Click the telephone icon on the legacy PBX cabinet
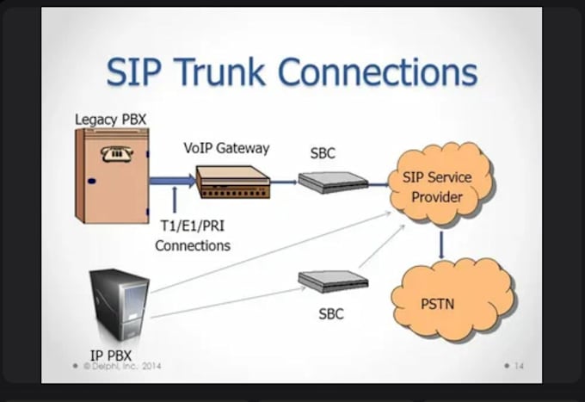pyautogui.click(x=112, y=154)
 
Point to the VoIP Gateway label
pyautogui.click(x=225, y=148)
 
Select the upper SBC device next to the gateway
pyautogui.click(x=332, y=182)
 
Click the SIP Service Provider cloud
pyautogui.click(x=437, y=187)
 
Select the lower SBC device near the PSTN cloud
pyautogui.click(x=332, y=281)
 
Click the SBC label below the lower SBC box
pyautogui.click(x=331, y=314)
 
